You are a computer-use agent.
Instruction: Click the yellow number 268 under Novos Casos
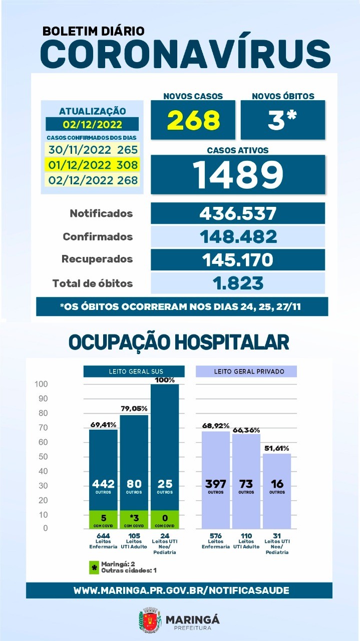coord(193,120)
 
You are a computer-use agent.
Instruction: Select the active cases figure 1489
coord(238,174)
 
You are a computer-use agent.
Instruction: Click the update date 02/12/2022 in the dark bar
coord(93,125)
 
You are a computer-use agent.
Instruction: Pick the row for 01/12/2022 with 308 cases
coord(93,165)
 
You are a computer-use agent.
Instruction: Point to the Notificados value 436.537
coord(238,213)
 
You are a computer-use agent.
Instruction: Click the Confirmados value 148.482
coord(238,237)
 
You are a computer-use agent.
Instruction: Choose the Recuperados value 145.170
coord(238,260)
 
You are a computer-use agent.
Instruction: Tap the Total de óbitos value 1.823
coord(238,283)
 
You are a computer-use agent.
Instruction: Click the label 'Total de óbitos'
coord(93,283)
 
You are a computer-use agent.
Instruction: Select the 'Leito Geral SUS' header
coord(134,372)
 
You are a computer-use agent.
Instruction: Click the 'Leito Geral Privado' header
coord(246,372)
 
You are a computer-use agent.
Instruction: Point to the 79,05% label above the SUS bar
coord(134,409)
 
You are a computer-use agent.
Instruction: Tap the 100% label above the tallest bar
coord(165,380)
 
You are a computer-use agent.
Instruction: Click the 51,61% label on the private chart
coord(277,448)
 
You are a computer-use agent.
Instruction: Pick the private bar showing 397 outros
coord(216,480)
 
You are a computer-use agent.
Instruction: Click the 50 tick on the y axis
coord(43,456)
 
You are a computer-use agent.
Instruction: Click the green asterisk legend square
coord(95,567)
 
